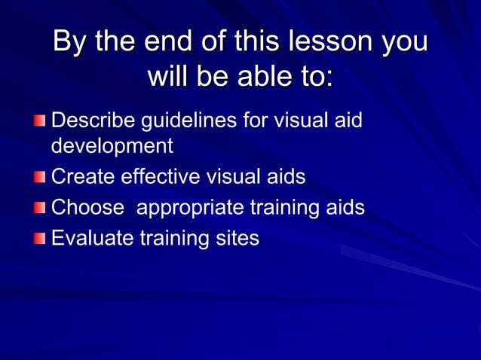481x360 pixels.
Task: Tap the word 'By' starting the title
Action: [x=69, y=41]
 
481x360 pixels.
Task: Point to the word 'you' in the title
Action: [x=403, y=43]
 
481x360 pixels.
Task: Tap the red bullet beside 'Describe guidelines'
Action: [x=39, y=121]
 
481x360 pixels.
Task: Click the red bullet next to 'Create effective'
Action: [x=39, y=178]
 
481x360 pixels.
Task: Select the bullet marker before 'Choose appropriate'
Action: [x=39, y=209]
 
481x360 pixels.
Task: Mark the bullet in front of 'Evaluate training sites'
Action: [x=39, y=239]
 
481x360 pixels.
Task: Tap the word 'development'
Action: [x=112, y=146]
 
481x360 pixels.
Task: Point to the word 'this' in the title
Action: [x=256, y=41]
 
